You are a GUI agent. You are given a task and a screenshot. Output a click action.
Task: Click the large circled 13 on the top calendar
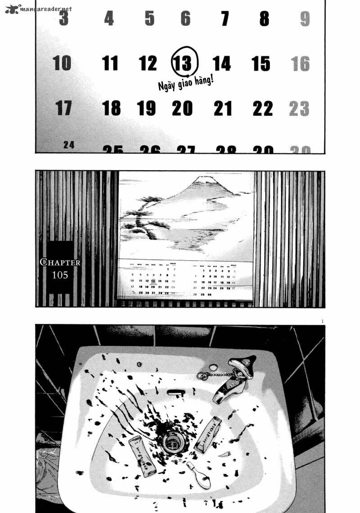pyautogui.click(x=184, y=63)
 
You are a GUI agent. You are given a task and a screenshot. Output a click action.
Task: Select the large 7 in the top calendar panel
pyautogui.click(x=225, y=19)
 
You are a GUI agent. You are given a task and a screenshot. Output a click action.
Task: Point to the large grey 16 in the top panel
pyautogui.click(x=300, y=64)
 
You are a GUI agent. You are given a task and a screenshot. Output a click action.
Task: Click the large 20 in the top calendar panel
pyautogui.click(x=182, y=108)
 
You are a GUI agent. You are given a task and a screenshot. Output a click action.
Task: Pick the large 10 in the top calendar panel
pyautogui.click(x=62, y=63)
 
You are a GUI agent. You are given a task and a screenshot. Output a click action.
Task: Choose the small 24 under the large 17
pyautogui.click(x=69, y=145)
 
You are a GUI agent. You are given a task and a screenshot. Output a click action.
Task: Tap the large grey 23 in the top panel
pyautogui.click(x=299, y=109)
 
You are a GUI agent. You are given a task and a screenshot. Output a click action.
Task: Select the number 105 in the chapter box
pyautogui.click(x=60, y=275)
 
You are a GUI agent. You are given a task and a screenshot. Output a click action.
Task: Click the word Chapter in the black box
pyautogui.click(x=60, y=262)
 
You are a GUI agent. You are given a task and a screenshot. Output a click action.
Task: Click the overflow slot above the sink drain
pyautogui.click(x=175, y=392)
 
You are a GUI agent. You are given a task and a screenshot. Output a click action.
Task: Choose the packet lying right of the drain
pyautogui.click(x=207, y=434)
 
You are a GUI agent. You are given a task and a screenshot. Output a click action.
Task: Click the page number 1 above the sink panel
pyautogui.click(x=323, y=321)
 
